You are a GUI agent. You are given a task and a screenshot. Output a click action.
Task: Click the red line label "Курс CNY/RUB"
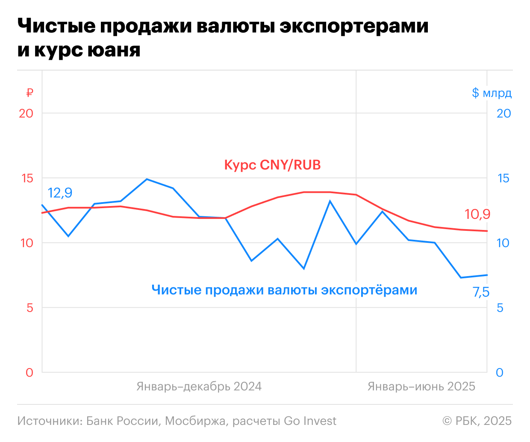click(x=272, y=165)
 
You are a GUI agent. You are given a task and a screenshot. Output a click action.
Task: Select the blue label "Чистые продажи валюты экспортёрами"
click(x=284, y=290)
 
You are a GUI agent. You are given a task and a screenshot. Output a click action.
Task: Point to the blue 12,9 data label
click(x=60, y=193)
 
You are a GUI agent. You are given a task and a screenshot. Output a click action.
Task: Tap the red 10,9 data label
click(x=477, y=214)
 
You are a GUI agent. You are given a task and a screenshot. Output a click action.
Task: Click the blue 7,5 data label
click(x=481, y=292)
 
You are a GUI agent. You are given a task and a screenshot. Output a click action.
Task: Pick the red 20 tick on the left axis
click(x=26, y=113)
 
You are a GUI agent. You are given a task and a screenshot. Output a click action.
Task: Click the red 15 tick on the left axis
click(x=27, y=178)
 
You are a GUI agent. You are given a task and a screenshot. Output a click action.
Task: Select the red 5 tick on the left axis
click(x=29, y=308)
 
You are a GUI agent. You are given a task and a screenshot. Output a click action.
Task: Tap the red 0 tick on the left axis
click(x=29, y=373)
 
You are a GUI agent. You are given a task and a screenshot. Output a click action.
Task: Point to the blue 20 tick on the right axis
click(x=503, y=113)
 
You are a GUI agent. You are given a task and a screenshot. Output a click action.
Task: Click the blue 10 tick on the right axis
click(x=503, y=243)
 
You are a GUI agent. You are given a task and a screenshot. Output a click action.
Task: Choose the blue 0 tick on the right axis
click(x=500, y=373)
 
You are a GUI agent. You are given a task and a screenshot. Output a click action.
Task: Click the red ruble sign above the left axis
click(x=29, y=93)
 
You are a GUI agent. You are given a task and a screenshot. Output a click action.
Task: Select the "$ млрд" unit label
click(x=492, y=93)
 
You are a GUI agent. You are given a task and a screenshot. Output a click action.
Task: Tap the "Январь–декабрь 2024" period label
click(x=199, y=387)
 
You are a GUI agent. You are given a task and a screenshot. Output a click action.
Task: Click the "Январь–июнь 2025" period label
click(x=421, y=387)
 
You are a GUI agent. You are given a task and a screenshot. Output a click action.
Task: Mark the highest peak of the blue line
click(x=147, y=179)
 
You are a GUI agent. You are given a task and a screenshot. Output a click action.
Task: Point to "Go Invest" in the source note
click(x=310, y=421)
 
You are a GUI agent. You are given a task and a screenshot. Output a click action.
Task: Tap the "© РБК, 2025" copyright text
click(x=477, y=421)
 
